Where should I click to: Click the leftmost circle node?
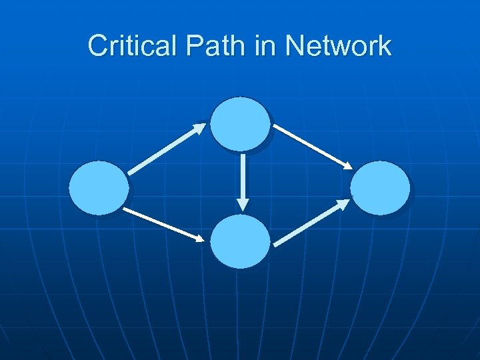99,188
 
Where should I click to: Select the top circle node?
240,124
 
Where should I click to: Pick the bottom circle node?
240,241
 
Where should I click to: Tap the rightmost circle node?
380,188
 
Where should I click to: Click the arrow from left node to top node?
167,148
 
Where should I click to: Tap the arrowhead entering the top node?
200,126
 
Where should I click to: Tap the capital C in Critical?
97,46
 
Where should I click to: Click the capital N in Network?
294,46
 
